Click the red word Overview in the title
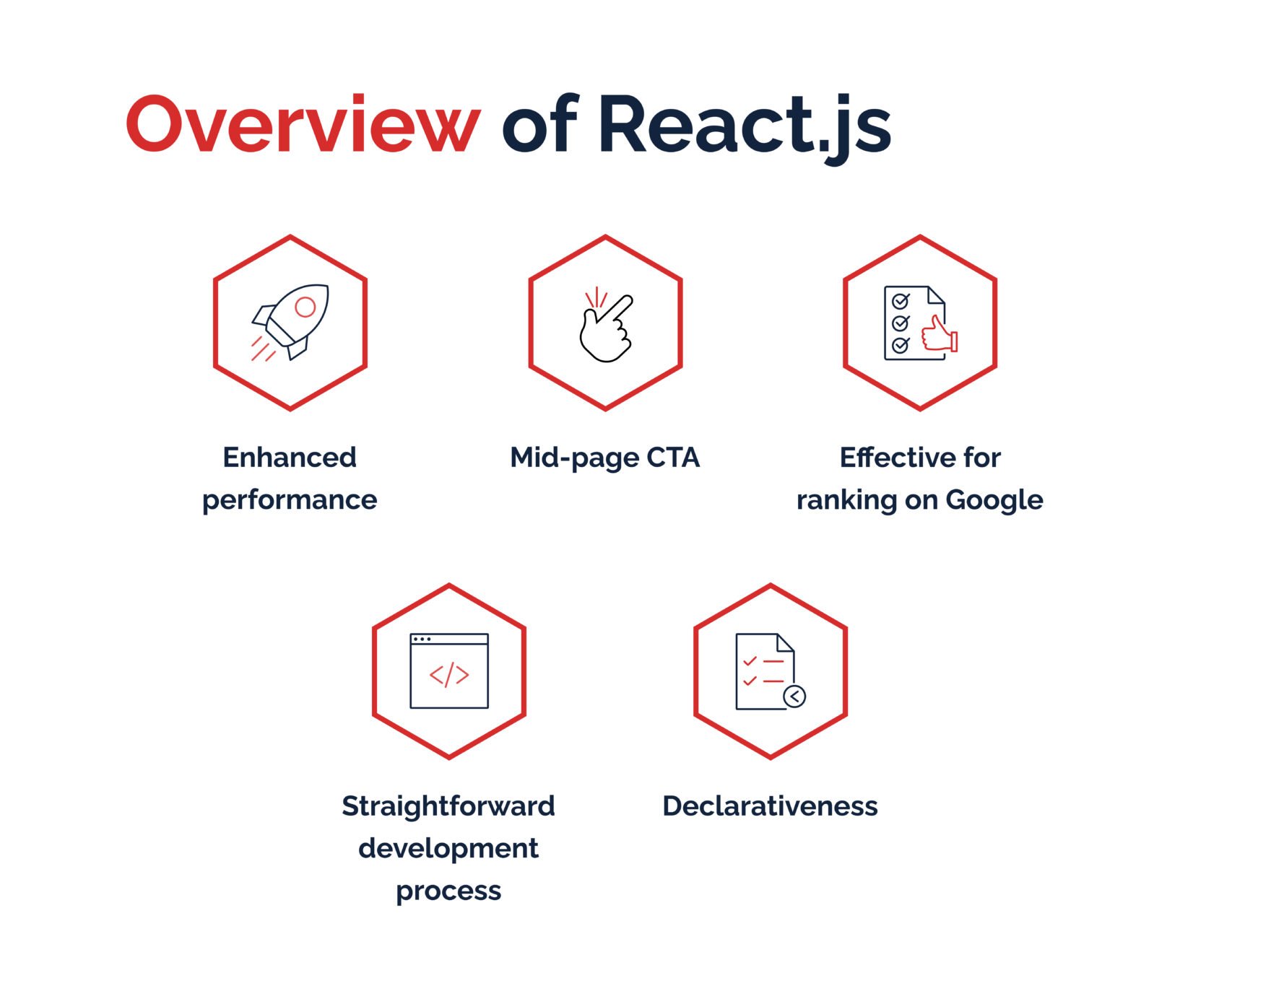pos(303,123)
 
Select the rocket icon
pos(290,322)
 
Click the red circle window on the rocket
pos(305,307)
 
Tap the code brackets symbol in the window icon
pos(449,675)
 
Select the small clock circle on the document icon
pos(794,697)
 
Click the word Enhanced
pos(290,458)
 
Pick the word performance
pos(290,501)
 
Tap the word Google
pos(994,500)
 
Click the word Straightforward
pos(448,806)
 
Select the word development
pos(448,849)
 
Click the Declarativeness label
pos(770,806)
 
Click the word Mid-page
pos(575,458)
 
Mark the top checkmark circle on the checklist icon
pos(901,301)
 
